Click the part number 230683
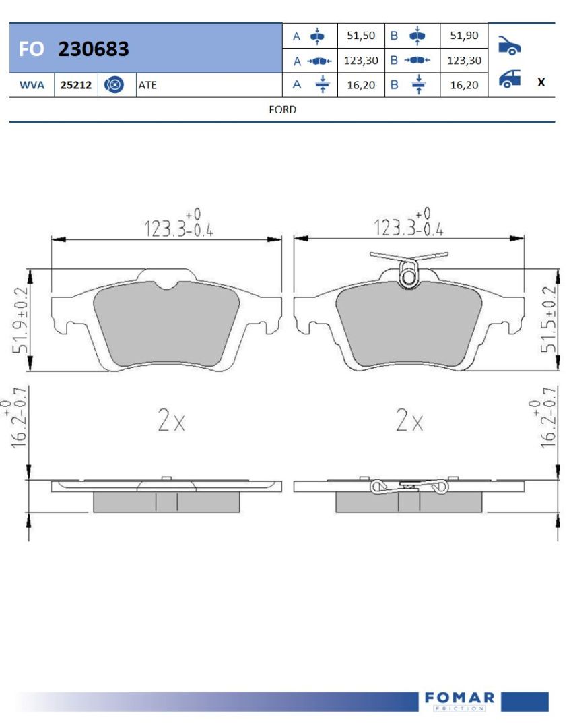tap(93, 49)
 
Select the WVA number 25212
tap(76, 85)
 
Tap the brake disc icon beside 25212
tap(114, 84)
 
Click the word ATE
tap(147, 85)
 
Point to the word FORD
tap(282, 110)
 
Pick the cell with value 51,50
tap(361, 36)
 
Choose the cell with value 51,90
tap(464, 36)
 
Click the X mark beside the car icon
tap(541, 83)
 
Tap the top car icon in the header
tap(509, 45)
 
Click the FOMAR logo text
tap(459, 698)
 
